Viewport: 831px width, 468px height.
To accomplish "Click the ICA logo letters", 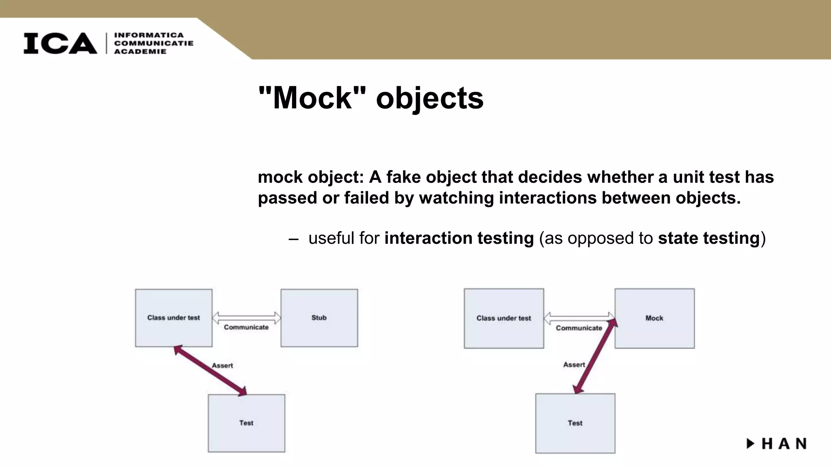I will [x=60, y=43].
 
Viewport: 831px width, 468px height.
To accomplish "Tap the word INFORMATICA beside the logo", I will [x=149, y=35].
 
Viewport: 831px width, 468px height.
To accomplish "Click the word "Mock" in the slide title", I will [x=312, y=98].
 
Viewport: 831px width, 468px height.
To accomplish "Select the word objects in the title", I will [x=430, y=99].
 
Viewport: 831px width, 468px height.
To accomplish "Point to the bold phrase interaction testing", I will [x=459, y=238].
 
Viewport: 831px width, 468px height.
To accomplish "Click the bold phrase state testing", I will [x=708, y=238].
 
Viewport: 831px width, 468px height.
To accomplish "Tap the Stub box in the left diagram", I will [x=319, y=318].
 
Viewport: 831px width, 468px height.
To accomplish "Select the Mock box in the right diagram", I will [x=654, y=318].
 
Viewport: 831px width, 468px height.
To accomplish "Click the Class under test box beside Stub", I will [x=174, y=318].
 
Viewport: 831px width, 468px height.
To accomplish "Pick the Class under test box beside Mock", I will [x=504, y=318].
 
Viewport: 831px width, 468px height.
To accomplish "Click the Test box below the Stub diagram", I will [x=246, y=423].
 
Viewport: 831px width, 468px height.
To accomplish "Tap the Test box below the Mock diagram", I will [x=575, y=423].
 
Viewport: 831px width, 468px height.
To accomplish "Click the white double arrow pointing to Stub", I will [x=246, y=317].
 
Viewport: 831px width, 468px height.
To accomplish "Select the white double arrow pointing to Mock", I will [x=579, y=318].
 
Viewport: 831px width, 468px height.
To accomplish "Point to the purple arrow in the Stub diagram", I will [x=210, y=370].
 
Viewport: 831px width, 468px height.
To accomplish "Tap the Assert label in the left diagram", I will [x=222, y=365].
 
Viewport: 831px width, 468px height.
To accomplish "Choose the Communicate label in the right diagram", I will [x=579, y=328].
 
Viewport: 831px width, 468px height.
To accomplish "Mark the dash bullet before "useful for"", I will [x=293, y=239].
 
